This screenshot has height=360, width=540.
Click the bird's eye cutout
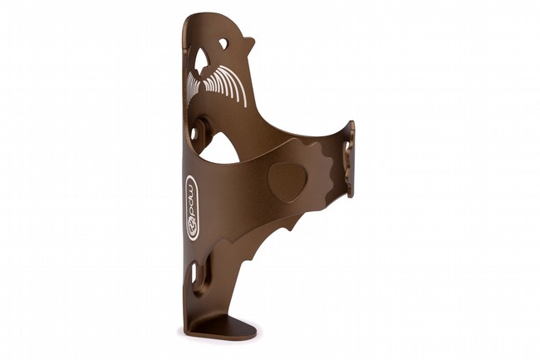coord(223,43)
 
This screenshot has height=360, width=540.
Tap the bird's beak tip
coord(254,39)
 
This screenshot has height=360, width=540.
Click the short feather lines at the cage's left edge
coord(194,83)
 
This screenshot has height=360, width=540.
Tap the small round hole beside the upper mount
coord(193,133)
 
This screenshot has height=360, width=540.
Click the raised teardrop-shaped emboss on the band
coord(287,182)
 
